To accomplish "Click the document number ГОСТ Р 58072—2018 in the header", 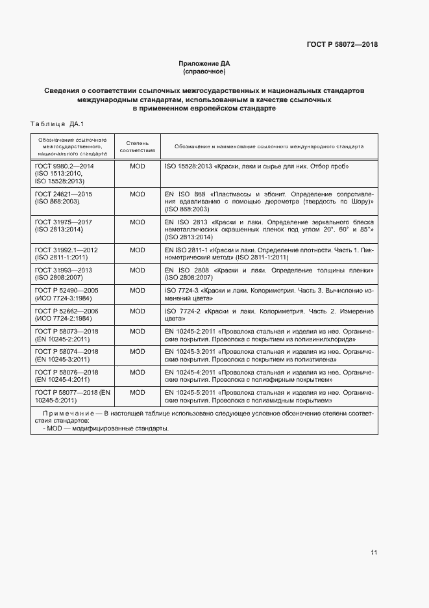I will point(342,45).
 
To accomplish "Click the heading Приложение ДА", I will point(204,63).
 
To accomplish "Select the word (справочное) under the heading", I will point(204,71).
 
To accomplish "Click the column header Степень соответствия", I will point(137,146).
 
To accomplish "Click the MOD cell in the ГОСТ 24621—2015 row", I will point(137,194).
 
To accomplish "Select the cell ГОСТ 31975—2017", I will point(63,222).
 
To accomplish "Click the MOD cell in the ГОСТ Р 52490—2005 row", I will point(137,290).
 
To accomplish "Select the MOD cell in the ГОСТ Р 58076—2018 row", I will point(137,372).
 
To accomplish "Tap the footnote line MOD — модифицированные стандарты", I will point(106,429).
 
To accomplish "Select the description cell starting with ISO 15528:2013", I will point(257,166).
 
